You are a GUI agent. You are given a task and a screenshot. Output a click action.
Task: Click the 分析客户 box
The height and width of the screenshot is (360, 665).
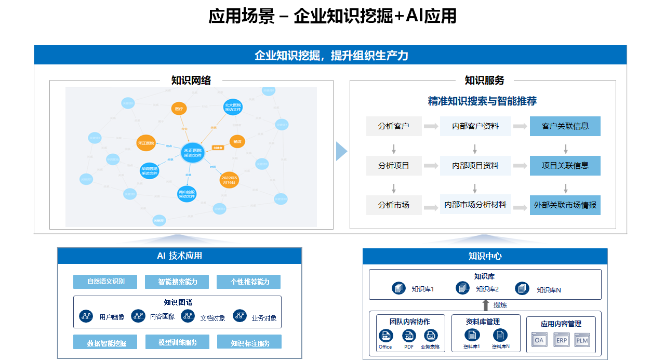click(x=393, y=126)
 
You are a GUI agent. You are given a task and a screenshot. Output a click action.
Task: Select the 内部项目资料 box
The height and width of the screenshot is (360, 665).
click(x=475, y=166)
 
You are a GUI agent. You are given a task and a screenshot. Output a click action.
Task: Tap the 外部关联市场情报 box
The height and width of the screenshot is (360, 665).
click(x=565, y=205)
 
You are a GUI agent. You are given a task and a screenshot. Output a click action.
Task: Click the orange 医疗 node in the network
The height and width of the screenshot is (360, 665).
click(x=179, y=109)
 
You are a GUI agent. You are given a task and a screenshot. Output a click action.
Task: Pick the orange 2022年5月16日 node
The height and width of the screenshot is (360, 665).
click(x=229, y=180)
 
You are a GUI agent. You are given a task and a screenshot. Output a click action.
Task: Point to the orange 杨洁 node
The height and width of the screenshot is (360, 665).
click(x=237, y=141)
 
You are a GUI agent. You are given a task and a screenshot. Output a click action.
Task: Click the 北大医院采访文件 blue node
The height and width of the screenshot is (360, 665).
click(x=233, y=107)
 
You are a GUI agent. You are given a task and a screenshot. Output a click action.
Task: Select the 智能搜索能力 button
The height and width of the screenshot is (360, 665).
click(x=177, y=282)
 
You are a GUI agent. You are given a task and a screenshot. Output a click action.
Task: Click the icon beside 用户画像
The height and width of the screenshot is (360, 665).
click(x=86, y=316)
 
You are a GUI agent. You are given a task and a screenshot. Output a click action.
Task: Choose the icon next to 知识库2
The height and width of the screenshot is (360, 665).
click(x=462, y=288)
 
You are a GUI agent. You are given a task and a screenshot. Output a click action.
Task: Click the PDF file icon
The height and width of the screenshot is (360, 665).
click(x=409, y=336)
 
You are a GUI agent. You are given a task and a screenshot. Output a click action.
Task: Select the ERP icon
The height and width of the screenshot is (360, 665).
click(x=562, y=340)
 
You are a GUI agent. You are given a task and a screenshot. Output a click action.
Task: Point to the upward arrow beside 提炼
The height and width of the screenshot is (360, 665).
click(x=486, y=305)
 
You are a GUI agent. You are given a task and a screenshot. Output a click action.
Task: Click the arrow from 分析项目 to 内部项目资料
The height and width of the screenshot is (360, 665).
click(x=431, y=166)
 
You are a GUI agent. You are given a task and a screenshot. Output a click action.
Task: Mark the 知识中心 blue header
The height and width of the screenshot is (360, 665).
click(x=485, y=256)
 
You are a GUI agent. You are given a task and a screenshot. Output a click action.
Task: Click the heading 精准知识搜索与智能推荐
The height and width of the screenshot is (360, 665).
click(x=482, y=101)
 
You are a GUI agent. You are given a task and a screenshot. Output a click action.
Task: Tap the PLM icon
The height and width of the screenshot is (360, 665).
click(x=582, y=340)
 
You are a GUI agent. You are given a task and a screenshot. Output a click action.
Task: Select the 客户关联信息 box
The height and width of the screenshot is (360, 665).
click(x=565, y=126)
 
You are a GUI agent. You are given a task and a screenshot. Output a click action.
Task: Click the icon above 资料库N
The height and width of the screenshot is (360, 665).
click(x=500, y=336)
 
